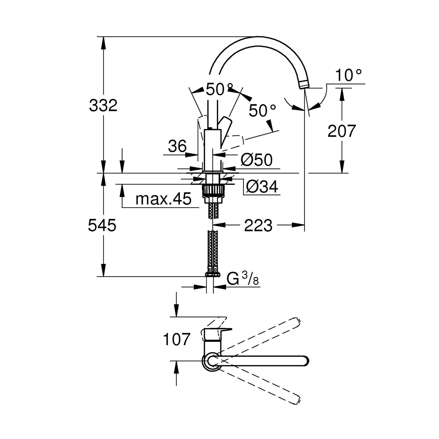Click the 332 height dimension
(x=103, y=105)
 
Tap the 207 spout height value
(x=342, y=131)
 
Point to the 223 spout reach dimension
(x=258, y=225)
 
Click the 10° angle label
(x=348, y=75)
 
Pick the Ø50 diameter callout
(x=256, y=160)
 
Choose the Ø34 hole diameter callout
(x=262, y=186)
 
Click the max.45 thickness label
(x=163, y=199)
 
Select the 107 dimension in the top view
(x=176, y=339)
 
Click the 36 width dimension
(x=177, y=146)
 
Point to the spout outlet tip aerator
(x=304, y=85)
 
